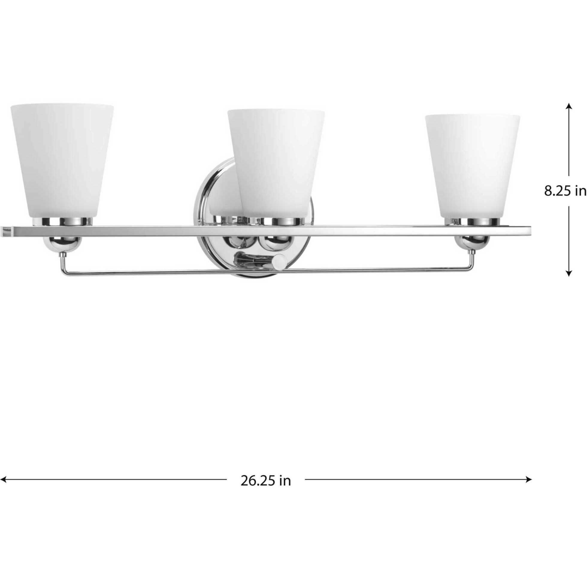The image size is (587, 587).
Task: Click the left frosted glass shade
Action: pyautogui.click(x=62, y=160)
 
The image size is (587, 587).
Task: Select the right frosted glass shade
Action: pyautogui.click(x=473, y=164)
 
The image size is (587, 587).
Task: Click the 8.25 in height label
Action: pyautogui.click(x=565, y=191)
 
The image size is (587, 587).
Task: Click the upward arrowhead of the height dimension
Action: pyautogui.click(x=569, y=106)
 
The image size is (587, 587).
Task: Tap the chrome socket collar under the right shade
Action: pyautogui.click(x=472, y=222)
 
